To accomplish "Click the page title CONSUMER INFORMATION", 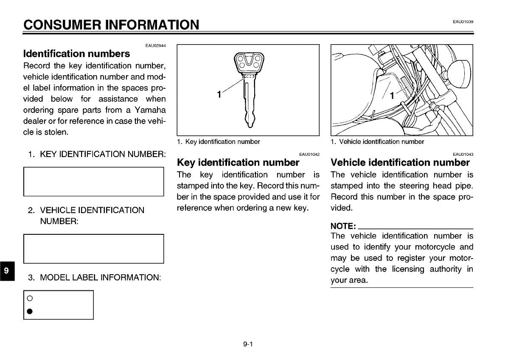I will point(111,25).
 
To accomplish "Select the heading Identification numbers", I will point(76,54).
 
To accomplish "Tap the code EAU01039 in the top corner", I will point(463,22).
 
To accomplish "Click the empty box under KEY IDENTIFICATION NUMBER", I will point(94,181).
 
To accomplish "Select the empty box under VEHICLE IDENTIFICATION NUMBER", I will point(94,248).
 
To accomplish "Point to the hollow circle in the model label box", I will point(30,298).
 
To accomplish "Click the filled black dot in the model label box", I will point(30,312).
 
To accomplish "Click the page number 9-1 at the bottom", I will point(248,344).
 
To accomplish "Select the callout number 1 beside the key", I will point(219,95).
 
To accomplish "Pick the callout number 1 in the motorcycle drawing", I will point(392,96).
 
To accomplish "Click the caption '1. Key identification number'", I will point(218,142).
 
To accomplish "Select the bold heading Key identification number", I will point(238,163).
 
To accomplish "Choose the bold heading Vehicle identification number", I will point(400,163).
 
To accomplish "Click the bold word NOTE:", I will point(343,226).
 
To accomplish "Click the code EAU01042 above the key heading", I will point(309,154).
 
